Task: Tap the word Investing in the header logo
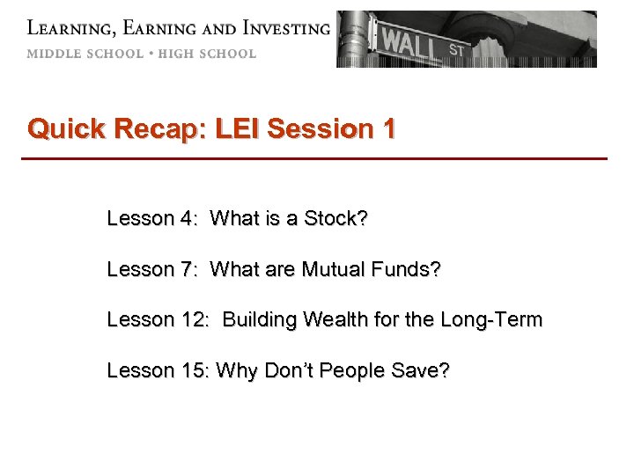tap(279, 27)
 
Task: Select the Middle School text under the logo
tap(85, 54)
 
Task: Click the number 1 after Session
tap(388, 129)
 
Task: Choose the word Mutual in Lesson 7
tap(332, 268)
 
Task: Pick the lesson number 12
tap(194, 319)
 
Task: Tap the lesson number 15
tap(194, 370)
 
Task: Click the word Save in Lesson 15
tap(424, 370)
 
